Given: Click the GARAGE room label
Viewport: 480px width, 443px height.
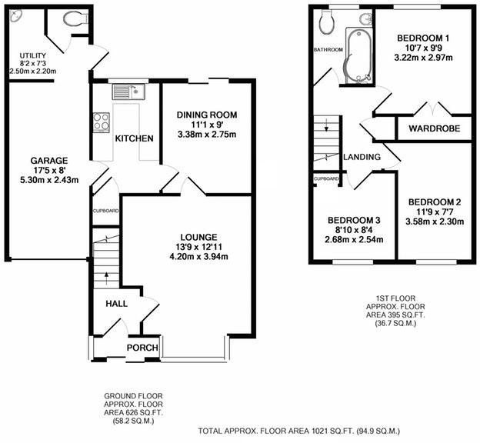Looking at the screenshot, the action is tap(49, 161).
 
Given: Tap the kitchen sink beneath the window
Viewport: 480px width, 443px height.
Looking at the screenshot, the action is tap(129, 92).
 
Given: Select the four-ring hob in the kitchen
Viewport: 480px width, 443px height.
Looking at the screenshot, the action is tap(101, 122).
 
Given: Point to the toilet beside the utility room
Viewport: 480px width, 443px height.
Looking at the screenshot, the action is tap(75, 19).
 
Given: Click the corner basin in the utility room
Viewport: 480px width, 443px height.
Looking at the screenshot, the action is tap(15, 15).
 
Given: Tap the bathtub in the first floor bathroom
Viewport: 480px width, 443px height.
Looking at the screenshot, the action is tap(358, 55).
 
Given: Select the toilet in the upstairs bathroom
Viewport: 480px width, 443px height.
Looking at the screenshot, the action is tap(325, 22).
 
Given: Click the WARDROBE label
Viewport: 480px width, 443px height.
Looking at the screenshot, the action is tap(434, 128).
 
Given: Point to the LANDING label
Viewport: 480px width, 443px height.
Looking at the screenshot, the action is tap(362, 157).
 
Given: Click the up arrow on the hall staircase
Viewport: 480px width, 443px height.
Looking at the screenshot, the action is tap(106, 278).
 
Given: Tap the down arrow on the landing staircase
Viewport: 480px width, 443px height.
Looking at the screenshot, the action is tap(327, 125).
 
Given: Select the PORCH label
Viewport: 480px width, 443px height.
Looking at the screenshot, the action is tap(142, 348).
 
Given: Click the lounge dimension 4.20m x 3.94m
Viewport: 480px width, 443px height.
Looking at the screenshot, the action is tap(198, 257).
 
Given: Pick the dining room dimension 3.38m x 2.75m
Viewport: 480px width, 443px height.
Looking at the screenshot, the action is tap(207, 135).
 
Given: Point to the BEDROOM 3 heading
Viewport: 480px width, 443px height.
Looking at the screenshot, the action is tap(354, 220).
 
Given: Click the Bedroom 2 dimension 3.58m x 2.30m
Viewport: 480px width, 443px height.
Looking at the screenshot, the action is tap(435, 221).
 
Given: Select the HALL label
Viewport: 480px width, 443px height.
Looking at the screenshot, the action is tap(117, 303).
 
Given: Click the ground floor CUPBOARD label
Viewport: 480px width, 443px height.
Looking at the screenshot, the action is tap(105, 211).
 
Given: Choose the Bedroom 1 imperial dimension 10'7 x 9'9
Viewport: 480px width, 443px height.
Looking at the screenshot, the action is tap(423, 48).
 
